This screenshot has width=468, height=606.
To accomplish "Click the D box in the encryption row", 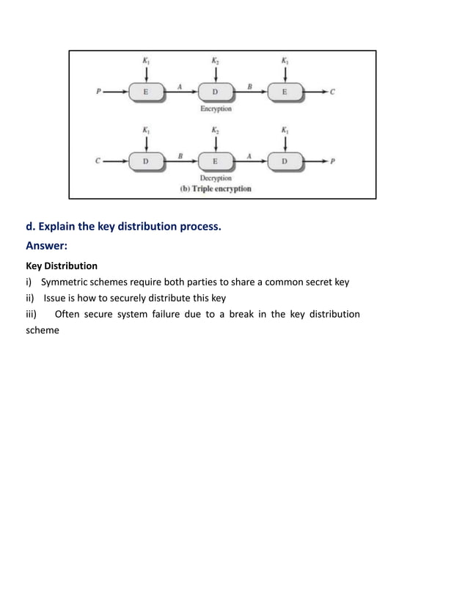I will pyautogui.click(x=215, y=92).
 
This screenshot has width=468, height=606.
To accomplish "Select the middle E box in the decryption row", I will pyautogui.click(x=215, y=162).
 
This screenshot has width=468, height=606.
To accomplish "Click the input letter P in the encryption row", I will pyautogui.click(x=98, y=92).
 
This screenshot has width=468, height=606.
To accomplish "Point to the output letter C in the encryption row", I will pyautogui.click(x=332, y=92).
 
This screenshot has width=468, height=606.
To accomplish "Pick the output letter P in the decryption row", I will pyautogui.click(x=332, y=162).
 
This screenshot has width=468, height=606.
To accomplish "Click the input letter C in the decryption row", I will pyautogui.click(x=98, y=162).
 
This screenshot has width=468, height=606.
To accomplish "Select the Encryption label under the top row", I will pyautogui.click(x=215, y=109).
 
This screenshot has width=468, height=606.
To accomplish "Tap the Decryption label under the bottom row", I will pyautogui.click(x=215, y=178).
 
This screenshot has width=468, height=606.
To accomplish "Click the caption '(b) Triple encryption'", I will pyautogui.click(x=216, y=189).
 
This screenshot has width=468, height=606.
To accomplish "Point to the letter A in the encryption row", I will pyautogui.click(x=180, y=86).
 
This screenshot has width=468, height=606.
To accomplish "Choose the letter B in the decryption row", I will pyautogui.click(x=180, y=156).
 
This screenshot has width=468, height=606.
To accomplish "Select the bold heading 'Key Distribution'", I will pyautogui.click(x=62, y=266).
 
